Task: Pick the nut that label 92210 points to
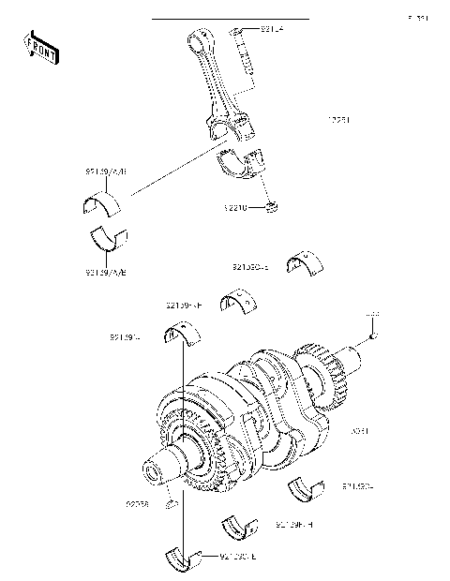click(x=272, y=204)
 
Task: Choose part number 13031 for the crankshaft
click(x=360, y=432)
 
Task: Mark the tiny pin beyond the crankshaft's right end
click(x=372, y=335)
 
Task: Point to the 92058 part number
click(x=137, y=504)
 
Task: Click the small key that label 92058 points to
click(x=171, y=507)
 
